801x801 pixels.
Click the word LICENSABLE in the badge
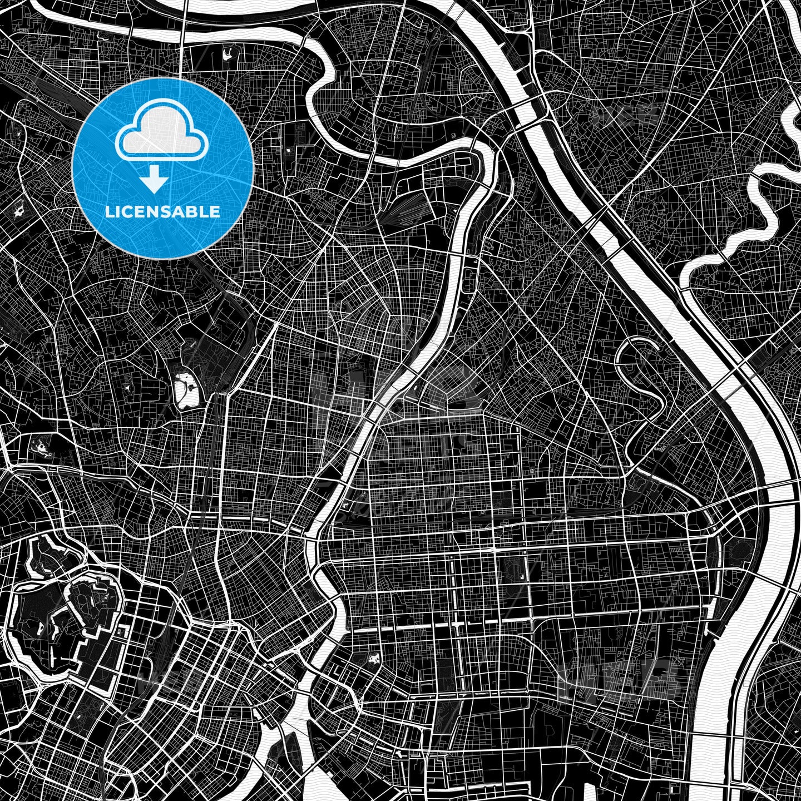click(162, 212)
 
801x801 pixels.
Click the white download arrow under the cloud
click(155, 181)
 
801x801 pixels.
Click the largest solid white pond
click(186, 389)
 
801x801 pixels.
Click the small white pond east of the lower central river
click(373, 660)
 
